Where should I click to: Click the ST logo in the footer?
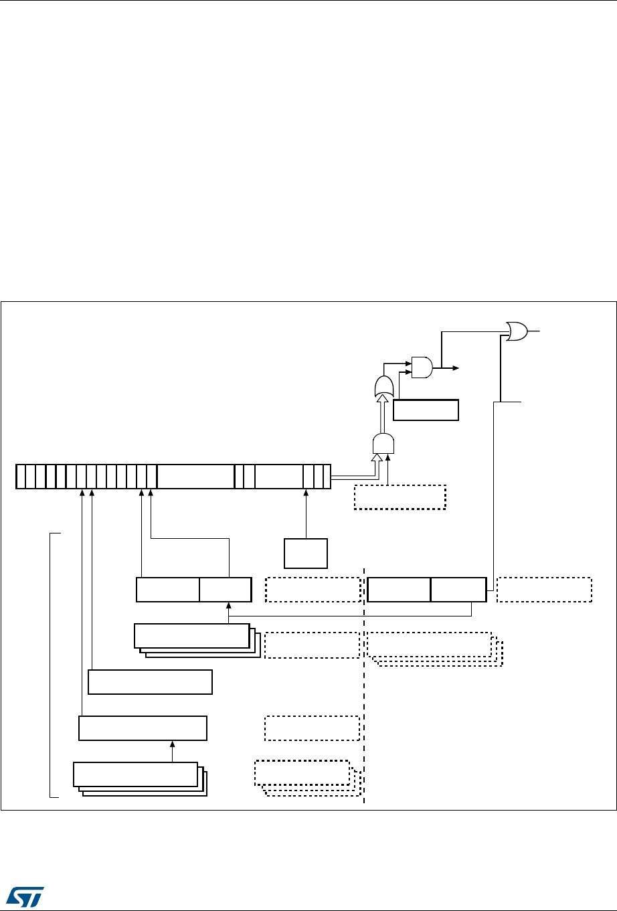tap(24, 894)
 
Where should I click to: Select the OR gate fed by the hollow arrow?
tap(385, 386)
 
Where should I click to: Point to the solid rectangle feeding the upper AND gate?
tap(426, 410)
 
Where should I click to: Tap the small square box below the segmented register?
tap(306, 553)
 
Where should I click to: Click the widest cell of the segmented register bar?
tap(195, 475)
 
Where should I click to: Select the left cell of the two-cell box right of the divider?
tap(399, 589)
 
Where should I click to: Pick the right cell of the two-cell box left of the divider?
tap(226, 589)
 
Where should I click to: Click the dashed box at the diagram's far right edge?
tap(545, 589)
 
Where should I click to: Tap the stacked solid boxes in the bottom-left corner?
tap(137, 776)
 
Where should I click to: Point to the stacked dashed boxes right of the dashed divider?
tap(432, 647)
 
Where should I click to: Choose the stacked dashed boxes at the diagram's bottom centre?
tap(304, 775)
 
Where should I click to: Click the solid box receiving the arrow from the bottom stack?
tap(143, 728)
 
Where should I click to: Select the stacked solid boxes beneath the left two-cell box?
tap(194, 639)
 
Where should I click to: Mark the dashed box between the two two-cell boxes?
tap(313, 589)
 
